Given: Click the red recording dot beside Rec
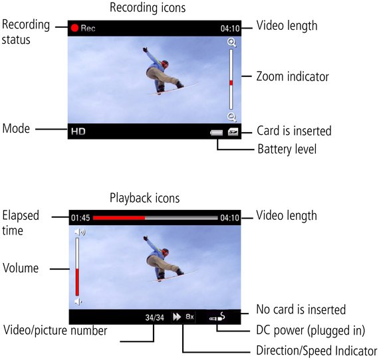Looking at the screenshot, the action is click(74, 28).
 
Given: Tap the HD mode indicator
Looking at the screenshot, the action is click(78, 132).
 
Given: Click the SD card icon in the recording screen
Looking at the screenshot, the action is click(233, 132).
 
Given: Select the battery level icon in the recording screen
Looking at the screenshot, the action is click(216, 133).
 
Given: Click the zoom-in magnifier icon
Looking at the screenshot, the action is click(232, 43).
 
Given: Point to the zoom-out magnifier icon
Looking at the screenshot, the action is click(232, 117).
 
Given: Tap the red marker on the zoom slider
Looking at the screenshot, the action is click(231, 83).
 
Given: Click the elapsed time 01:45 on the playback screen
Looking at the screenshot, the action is click(80, 218).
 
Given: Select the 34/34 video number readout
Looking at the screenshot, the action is click(155, 317).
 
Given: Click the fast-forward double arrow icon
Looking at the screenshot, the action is click(177, 317).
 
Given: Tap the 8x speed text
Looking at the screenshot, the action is click(189, 317).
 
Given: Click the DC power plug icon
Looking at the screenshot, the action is click(217, 317).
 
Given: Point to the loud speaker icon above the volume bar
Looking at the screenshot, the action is click(80, 232).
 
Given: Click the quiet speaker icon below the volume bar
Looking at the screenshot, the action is click(78, 302).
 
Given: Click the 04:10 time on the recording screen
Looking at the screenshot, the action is click(230, 29).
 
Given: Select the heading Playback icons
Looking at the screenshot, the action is click(145, 198).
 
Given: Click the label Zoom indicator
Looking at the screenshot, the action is click(293, 76).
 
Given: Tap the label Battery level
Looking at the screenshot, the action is click(287, 149).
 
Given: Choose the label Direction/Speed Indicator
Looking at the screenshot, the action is click(317, 351).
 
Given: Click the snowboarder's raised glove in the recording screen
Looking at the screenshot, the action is click(145, 50).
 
